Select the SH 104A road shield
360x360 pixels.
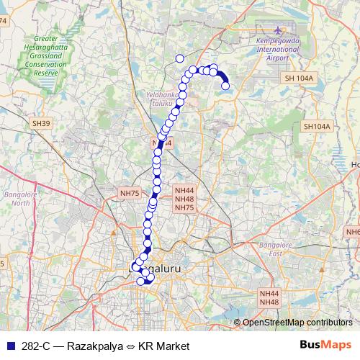pyautogui.click(x=299, y=78)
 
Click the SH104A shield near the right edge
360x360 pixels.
pyautogui.click(x=316, y=126)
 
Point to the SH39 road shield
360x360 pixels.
pyautogui.click(x=41, y=124)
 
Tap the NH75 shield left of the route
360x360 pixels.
pyautogui.click(x=130, y=193)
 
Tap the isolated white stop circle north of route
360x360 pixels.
pyautogui.click(x=179, y=59)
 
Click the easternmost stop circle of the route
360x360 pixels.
pyautogui.click(x=225, y=86)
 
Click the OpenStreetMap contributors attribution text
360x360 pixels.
pyautogui.click(x=297, y=323)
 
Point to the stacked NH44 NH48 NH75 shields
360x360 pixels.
pyautogui.click(x=184, y=199)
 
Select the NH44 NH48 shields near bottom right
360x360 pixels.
pyautogui.click(x=269, y=298)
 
